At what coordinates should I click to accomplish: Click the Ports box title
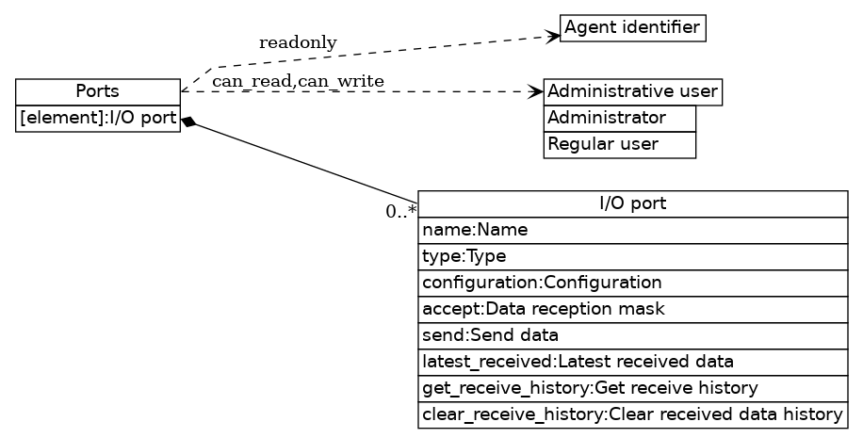(x=98, y=91)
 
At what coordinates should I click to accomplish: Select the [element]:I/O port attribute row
(x=98, y=119)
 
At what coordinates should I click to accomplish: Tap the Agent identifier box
(x=632, y=28)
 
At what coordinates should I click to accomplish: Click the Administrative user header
(x=632, y=92)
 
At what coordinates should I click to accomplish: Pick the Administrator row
(x=619, y=119)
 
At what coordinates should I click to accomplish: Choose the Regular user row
(x=619, y=145)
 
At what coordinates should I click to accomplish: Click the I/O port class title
(x=633, y=204)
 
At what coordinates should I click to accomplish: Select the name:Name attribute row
(x=633, y=231)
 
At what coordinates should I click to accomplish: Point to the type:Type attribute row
(x=633, y=257)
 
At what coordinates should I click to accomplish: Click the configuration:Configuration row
(x=633, y=283)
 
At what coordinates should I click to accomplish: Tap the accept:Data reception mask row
(x=633, y=309)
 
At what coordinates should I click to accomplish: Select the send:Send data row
(x=633, y=335)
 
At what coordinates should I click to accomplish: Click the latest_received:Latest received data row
(x=633, y=362)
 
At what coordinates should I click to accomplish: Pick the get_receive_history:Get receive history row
(x=633, y=388)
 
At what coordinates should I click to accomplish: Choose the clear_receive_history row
(x=633, y=414)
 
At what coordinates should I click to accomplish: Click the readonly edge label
(x=298, y=43)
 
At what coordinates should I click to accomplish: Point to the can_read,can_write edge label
(x=298, y=82)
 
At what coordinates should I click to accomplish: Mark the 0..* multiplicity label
(x=401, y=211)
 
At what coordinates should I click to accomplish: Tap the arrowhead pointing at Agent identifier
(x=553, y=36)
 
